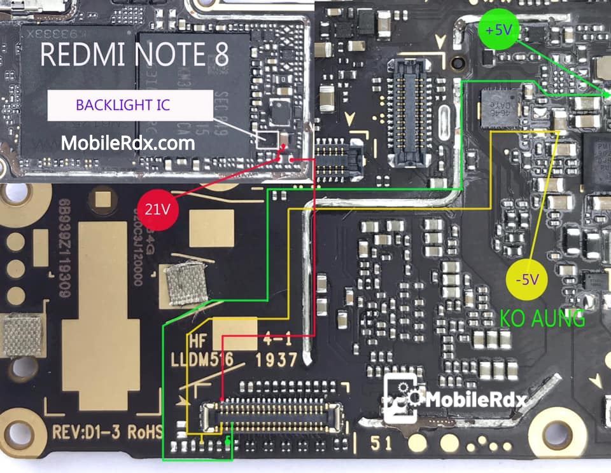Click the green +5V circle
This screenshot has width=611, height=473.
[x=497, y=30]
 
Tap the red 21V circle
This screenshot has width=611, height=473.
[x=156, y=209]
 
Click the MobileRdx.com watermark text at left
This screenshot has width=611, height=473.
[x=127, y=144]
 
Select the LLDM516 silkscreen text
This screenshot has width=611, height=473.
[x=200, y=361]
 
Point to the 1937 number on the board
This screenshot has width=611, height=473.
[x=276, y=360]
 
